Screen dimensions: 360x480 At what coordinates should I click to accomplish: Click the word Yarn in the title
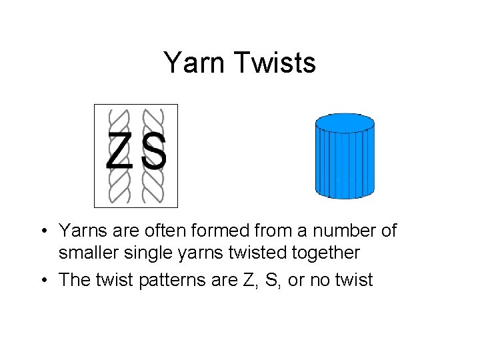[193, 63]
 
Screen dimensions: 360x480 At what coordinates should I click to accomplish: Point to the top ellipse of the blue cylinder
[345, 123]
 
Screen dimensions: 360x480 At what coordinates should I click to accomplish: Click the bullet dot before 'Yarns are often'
[42, 231]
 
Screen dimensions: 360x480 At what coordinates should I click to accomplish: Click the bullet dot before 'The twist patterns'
[42, 279]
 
